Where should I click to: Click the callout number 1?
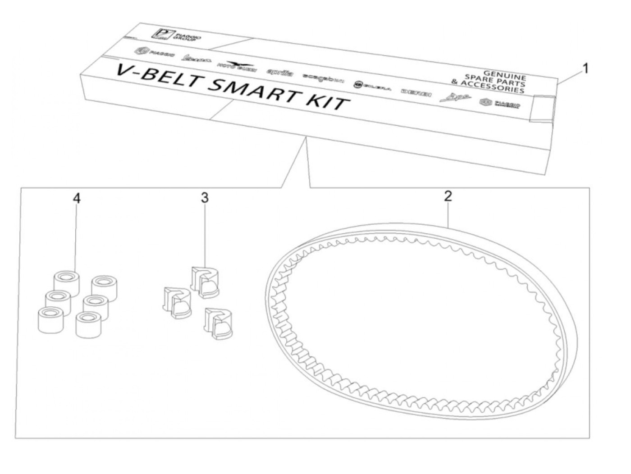585,68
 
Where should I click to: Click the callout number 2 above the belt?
447,196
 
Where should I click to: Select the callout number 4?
77,199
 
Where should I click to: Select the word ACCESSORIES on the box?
493,87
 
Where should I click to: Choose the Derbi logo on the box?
416,92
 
